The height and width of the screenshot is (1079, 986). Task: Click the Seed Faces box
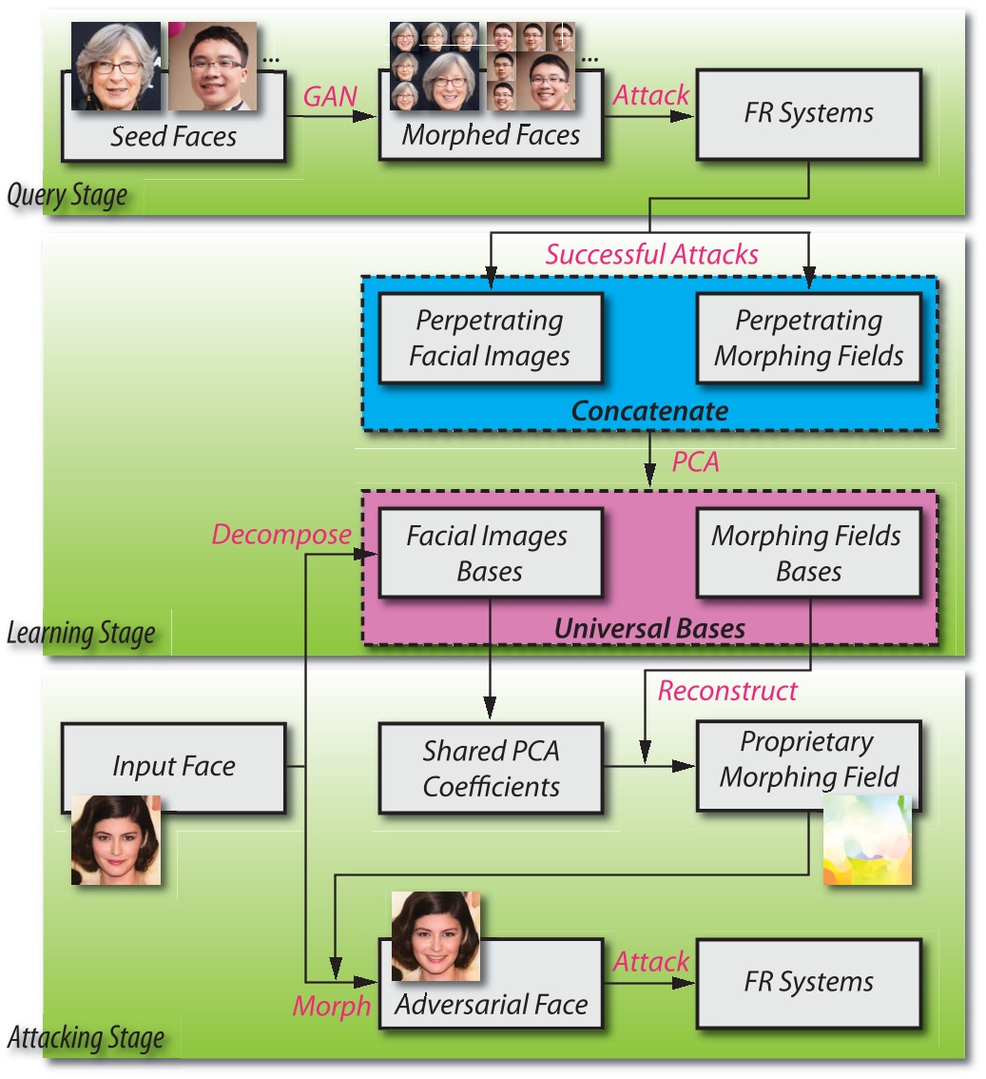[173, 136]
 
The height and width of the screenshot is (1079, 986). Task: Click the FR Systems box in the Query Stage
[808, 113]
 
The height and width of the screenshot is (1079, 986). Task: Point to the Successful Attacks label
[651, 254]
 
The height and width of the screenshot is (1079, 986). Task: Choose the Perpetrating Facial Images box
[491, 338]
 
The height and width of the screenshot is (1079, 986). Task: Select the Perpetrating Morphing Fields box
[808, 338]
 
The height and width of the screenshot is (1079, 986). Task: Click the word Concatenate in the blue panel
[649, 411]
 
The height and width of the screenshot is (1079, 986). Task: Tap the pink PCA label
[697, 463]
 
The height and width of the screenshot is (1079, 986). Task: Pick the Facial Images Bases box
[491, 553]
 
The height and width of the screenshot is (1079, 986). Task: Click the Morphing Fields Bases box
[808, 553]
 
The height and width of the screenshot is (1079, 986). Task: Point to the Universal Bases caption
[649, 628]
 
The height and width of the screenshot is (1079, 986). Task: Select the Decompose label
[281, 535]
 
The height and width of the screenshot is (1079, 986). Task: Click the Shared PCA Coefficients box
[491, 768]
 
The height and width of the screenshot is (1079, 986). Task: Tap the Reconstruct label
[727, 691]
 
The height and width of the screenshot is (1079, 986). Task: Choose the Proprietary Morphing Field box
[808, 758]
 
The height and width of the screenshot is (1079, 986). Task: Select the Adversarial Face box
[491, 1004]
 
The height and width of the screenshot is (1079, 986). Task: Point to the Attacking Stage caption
[86, 1037]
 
